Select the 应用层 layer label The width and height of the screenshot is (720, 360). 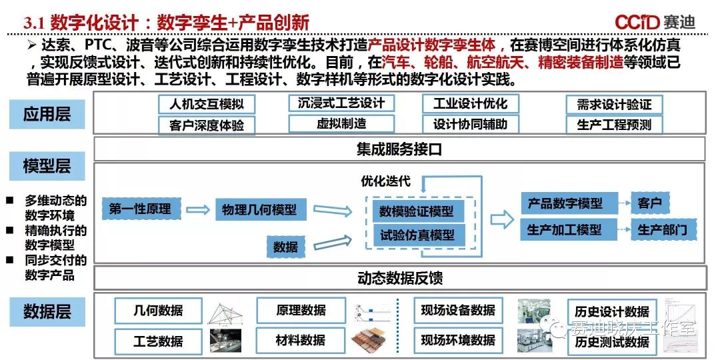pos(47,114)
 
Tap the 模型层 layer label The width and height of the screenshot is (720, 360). pos(47,166)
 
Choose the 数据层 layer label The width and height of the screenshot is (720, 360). pos(47,311)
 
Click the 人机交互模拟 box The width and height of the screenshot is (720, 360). pos(207,104)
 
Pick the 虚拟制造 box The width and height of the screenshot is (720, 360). pos(341,123)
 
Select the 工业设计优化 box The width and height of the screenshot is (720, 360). pos(470,103)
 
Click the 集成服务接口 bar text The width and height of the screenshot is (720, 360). pos(399,149)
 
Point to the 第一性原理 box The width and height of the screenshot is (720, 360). pos(140,209)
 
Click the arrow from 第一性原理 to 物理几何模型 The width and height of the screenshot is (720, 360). pos(197,210)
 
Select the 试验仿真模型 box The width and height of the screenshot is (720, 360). pos(417,235)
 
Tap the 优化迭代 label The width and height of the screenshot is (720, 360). pos(385,181)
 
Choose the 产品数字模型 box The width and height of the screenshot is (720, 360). pos(565,203)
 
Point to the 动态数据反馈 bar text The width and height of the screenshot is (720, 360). pos(399,278)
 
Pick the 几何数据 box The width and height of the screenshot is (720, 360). pos(158,311)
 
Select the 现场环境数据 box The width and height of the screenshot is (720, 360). pos(457,340)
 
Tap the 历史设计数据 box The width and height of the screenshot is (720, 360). pos(612,312)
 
